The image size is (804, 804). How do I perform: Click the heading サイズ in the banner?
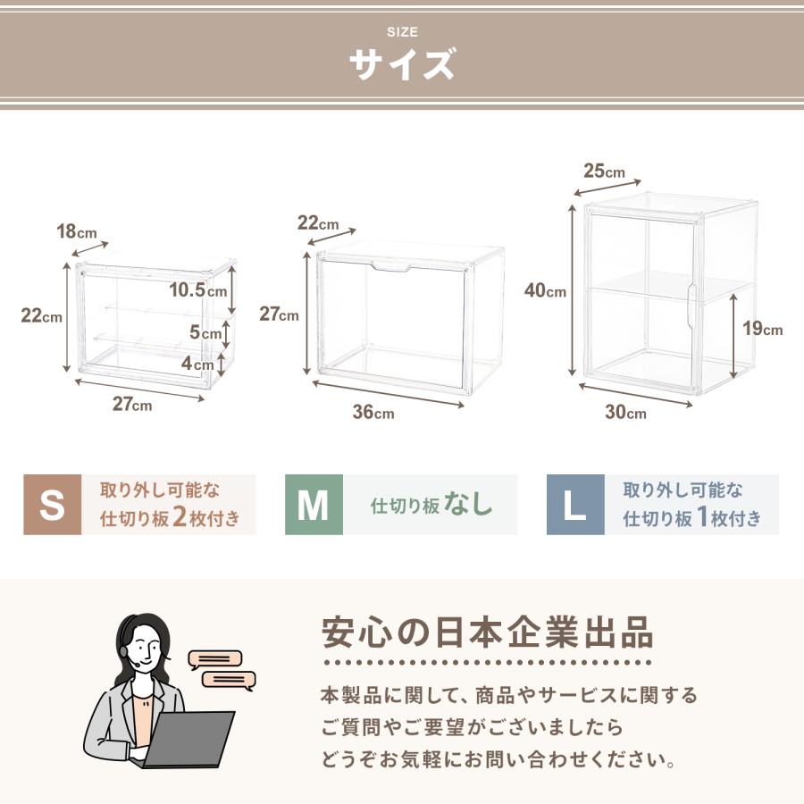(402, 65)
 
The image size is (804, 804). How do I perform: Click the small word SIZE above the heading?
(402, 32)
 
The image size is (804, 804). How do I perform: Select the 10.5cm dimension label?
(198, 289)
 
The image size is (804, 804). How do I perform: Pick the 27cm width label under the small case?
(132, 404)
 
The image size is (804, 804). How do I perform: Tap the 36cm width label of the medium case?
(373, 412)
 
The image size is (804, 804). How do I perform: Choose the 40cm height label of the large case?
(545, 290)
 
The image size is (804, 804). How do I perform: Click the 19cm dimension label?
(762, 329)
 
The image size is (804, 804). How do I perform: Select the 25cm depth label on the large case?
(605, 171)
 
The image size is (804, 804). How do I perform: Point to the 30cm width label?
(624, 412)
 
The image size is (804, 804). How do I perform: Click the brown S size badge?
(53, 505)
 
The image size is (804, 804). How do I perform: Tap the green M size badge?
(314, 505)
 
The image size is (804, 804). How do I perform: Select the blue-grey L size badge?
(575, 505)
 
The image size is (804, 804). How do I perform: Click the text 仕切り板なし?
(431, 505)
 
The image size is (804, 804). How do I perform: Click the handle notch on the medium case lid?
(391, 266)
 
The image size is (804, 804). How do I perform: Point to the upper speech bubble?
(215, 659)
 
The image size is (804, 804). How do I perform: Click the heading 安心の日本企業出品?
(487, 632)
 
